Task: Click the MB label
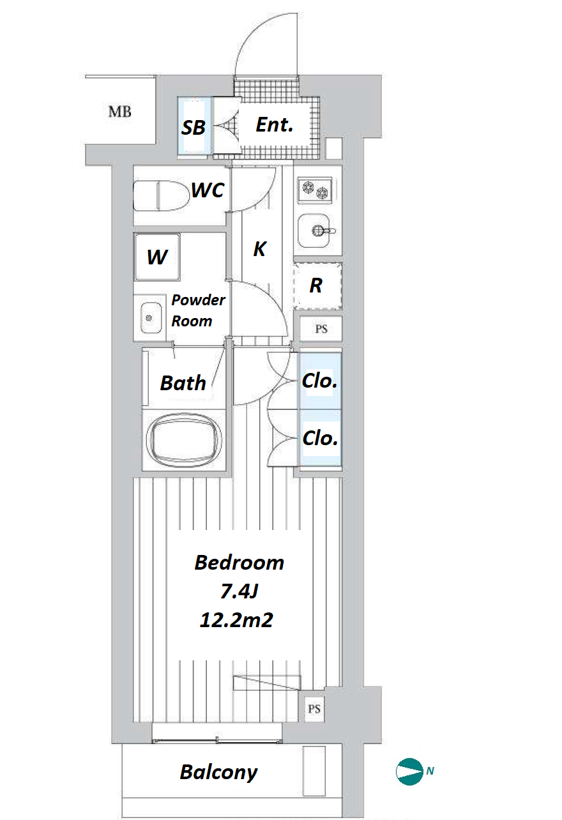tap(119, 111)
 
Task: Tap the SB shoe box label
tap(194, 127)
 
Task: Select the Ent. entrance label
tap(275, 125)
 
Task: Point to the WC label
tap(208, 190)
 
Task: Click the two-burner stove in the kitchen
tap(315, 190)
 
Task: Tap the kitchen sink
tap(314, 231)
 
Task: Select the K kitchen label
tap(259, 249)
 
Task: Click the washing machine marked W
tap(157, 257)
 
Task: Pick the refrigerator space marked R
tap(317, 286)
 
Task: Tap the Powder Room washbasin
tap(151, 318)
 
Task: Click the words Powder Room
tap(198, 310)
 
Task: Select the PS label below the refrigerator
tap(321, 329)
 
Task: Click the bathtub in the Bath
tap(184, 439)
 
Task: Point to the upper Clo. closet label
tap(319, 381)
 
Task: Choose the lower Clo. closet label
tap(320, 438)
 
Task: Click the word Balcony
tap(218, 772)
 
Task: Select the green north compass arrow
tap(409, 771)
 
